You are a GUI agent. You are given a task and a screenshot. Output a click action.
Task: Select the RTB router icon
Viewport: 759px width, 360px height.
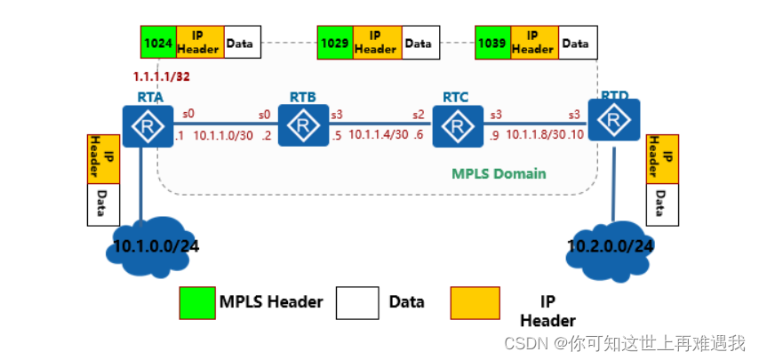303,125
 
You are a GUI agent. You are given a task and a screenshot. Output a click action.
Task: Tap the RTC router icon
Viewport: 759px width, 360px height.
458,126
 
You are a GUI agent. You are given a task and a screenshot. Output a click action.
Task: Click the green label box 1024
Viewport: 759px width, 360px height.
158,42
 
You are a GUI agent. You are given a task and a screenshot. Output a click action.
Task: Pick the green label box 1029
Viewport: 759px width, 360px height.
335,42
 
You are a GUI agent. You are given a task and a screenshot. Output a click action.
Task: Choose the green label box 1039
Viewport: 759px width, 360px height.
492,42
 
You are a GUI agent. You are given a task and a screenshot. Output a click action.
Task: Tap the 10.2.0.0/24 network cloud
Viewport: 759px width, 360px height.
611,244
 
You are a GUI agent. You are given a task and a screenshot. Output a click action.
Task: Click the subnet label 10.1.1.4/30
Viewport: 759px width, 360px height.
378,135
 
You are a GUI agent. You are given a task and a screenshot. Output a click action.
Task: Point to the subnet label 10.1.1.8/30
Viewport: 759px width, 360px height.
536,135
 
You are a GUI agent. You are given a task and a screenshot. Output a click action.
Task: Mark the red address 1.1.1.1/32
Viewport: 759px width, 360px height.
162,77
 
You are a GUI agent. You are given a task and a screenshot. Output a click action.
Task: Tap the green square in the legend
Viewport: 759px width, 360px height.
196,302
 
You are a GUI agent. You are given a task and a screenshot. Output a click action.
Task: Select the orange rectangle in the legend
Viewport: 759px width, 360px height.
475,302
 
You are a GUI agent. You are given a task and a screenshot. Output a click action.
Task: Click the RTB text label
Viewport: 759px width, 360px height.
302,96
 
